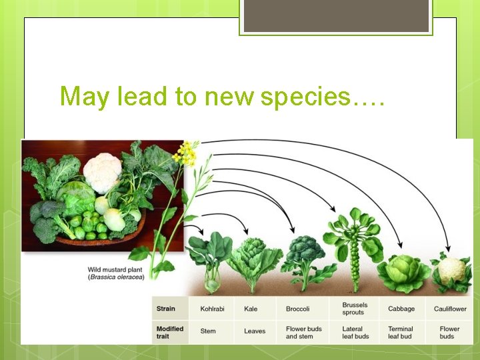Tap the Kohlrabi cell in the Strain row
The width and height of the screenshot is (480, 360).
click(213, 309)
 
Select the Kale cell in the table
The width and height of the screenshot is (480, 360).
click(251, 309)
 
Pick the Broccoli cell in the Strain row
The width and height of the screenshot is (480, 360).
click(297, 309)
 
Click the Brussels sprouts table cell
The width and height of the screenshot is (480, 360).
click(355, 309)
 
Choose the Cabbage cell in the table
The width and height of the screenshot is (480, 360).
click(401, 309)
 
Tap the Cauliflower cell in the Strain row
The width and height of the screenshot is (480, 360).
click(450, 309)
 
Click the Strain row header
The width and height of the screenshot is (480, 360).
click(166, 309)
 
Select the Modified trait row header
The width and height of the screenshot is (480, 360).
click(169, 332)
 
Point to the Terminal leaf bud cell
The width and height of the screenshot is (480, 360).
click(401, 332)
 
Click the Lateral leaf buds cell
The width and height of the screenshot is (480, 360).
click(355, 332)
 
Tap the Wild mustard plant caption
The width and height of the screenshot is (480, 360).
click(116, 273)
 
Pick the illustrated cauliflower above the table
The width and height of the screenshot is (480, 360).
click(451, 271)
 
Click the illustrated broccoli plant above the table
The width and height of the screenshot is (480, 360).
click(304, 253)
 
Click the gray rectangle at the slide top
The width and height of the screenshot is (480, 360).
click(336, 15)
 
